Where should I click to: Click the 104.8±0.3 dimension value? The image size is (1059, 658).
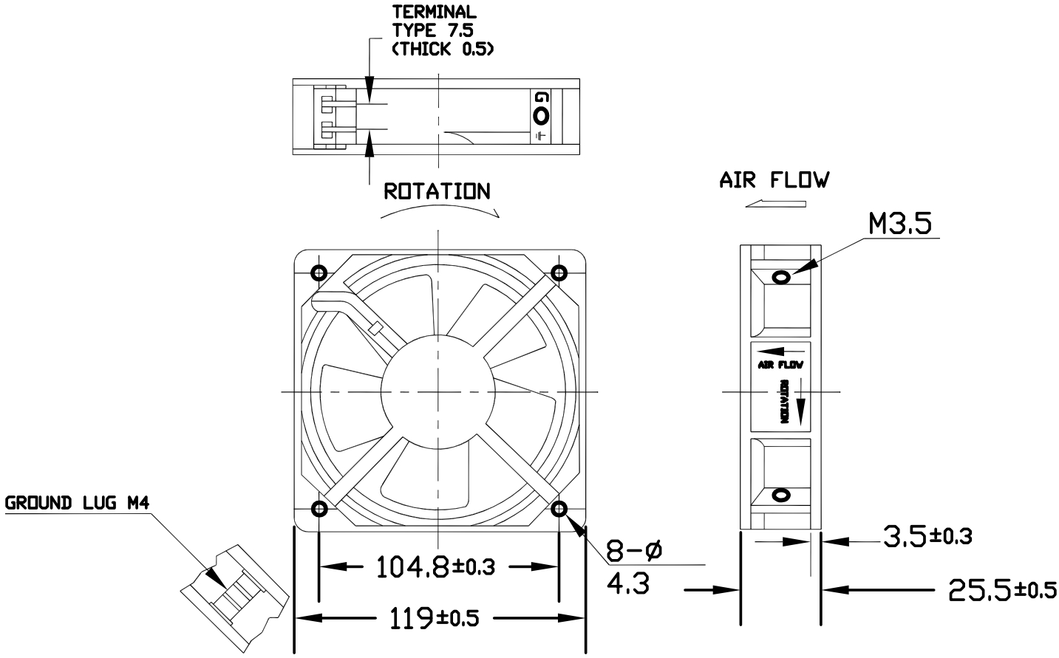pyautogui.click(x=436, y=567)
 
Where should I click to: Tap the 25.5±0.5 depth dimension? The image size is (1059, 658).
pyautogui.click(x=1001, y=590)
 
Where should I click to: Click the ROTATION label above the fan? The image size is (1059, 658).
pyautogui.click(x=437, y=192)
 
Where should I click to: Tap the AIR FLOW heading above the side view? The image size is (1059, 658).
pyautogui.click(x=774, y=180)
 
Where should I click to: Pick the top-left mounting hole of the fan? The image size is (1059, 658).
pyautogui.click(x=319, y=273)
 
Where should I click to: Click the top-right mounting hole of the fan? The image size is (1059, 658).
pyautogui.click(x=560, y=273)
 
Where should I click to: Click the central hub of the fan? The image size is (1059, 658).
pyautogui.click(x=438, y=391)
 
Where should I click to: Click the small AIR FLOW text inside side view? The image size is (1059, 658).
pyautogui.click(x=780, y=365)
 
